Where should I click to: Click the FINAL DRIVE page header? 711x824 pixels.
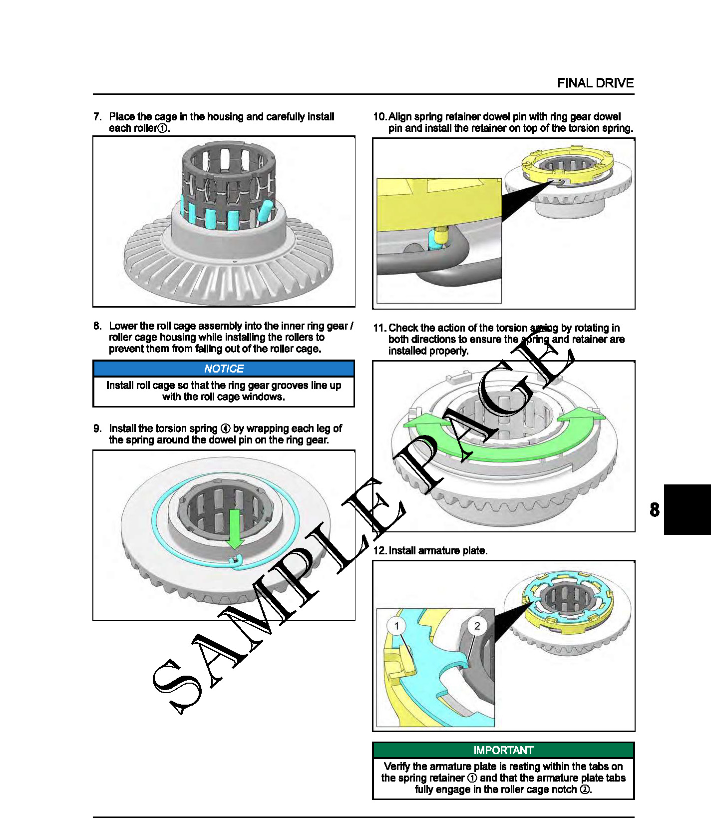(595, 83)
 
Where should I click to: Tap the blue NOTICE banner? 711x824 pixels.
(224, 369)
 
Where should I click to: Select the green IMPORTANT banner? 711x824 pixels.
(503, 750)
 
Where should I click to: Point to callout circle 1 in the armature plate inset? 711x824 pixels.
(396, 626)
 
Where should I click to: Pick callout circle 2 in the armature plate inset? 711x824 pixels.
(477, 626)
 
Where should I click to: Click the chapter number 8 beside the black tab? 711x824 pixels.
(655, 510)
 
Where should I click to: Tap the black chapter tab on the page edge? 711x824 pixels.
(688, 509)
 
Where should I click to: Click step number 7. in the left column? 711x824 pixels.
(97, 117)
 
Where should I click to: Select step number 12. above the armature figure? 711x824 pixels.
(380, 551)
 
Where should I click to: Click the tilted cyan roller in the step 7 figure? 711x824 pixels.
(265, 211)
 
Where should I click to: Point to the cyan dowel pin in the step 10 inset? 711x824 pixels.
(435, 240)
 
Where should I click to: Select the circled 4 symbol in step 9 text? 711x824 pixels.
(225, 429)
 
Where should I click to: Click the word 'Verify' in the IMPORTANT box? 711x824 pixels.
(397, 767)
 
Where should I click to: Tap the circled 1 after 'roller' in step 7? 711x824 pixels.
(162, 128)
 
